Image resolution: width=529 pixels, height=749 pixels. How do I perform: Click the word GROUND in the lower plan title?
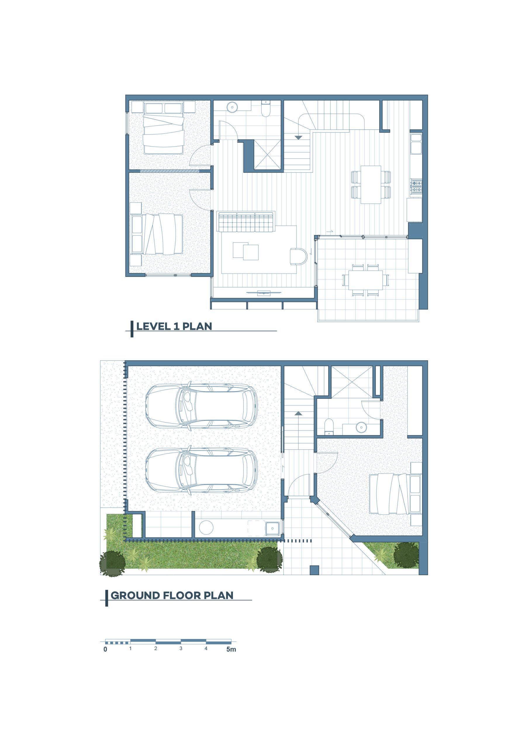[135, 595]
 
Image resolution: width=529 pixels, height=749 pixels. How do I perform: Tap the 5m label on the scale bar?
[231, 650]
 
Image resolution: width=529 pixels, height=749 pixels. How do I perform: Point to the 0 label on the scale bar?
[105, 650]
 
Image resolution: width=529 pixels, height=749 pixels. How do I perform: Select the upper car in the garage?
[201, 406]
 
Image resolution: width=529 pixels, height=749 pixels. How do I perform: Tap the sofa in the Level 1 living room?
[246, 221]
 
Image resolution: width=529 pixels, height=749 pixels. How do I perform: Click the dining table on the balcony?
[365, 280]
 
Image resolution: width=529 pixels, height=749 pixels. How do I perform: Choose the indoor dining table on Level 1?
[371, 185]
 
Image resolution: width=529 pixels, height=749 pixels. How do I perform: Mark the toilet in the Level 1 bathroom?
[266, 108]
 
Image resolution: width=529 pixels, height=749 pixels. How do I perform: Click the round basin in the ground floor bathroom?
[361, 427]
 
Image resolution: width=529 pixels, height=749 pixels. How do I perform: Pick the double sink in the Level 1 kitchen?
[416, 144]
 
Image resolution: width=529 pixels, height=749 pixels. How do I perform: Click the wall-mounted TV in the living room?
[264, 293]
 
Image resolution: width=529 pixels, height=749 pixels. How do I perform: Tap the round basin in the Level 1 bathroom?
[232, 107]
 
